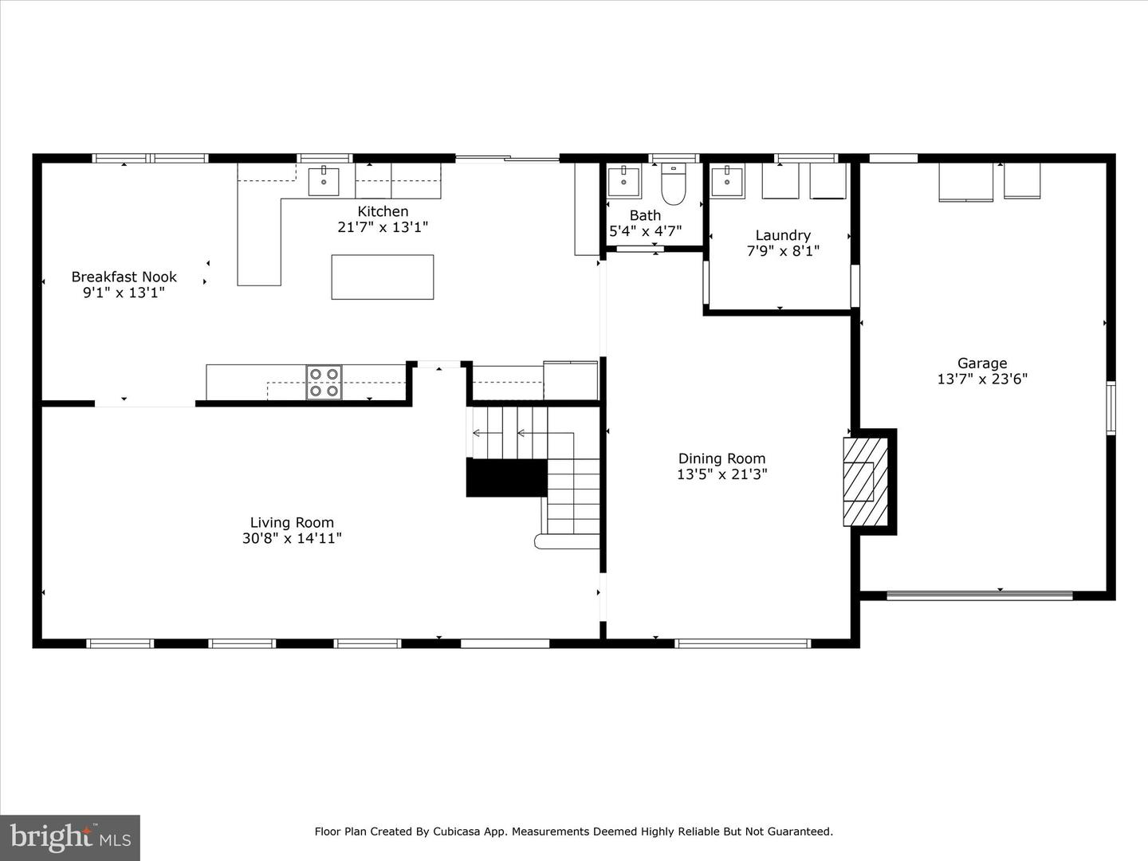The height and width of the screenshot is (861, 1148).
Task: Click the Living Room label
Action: [292, 523]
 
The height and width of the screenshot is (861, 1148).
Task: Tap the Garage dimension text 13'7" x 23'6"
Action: [982, 379]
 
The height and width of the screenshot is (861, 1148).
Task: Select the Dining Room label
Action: [721, 458]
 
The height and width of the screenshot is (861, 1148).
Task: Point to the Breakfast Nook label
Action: [124, 277]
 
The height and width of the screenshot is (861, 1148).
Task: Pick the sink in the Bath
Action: [623, 182]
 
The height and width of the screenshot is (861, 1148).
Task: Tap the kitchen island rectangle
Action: [383, 277]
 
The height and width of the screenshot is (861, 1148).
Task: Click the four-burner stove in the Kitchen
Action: [324, 382]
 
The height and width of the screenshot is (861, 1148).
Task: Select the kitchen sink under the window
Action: [324, 182]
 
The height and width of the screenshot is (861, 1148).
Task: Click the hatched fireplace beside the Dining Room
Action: [865, 482]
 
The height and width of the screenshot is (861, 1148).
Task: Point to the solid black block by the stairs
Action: [506, 478]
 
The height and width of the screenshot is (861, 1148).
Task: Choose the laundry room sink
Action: [727, 182]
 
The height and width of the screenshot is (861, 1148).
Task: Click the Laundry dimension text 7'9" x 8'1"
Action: [783, 251]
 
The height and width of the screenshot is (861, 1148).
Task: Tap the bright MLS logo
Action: [70, 837]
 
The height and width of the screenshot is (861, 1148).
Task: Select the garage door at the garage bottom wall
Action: [980, 595]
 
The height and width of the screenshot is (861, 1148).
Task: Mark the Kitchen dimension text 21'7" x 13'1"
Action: [383, 227]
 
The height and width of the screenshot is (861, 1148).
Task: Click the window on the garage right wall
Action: [1111, 408]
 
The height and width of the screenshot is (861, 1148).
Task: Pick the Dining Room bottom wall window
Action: [742, 643]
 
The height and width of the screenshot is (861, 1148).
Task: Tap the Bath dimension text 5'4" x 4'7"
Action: [645, 231]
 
